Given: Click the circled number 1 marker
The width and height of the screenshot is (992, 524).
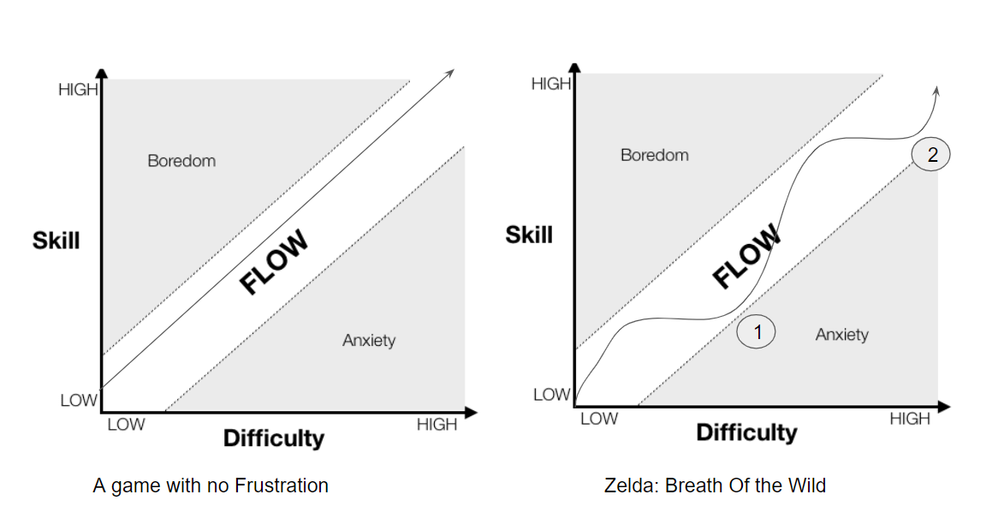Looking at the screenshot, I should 757,331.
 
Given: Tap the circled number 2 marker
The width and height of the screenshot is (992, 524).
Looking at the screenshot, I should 931,155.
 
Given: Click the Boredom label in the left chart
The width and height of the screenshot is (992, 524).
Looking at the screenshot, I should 181,161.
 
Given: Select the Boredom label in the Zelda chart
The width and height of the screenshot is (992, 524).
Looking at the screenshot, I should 654,155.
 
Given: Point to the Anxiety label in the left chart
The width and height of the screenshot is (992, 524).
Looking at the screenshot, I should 369,340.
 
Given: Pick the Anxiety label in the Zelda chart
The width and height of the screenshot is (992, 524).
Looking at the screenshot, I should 841,334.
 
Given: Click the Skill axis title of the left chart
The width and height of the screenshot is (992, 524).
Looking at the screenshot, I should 56,241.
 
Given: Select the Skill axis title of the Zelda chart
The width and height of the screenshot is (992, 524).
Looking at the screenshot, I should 529,235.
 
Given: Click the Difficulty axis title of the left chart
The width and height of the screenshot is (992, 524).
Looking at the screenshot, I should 274,438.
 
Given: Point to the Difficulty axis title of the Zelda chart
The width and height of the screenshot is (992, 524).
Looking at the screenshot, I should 746,432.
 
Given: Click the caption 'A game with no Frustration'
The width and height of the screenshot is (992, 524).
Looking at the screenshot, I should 211,485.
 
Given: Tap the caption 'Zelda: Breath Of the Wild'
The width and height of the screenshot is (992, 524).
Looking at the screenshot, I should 715,485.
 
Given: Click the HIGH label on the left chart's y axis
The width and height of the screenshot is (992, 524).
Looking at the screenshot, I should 78,89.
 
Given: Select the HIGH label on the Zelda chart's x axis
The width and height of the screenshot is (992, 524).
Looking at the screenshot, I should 909,419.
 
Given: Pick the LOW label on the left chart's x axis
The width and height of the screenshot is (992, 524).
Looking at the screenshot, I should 126,425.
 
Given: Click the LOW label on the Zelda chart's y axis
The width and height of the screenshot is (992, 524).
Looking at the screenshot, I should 551,395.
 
